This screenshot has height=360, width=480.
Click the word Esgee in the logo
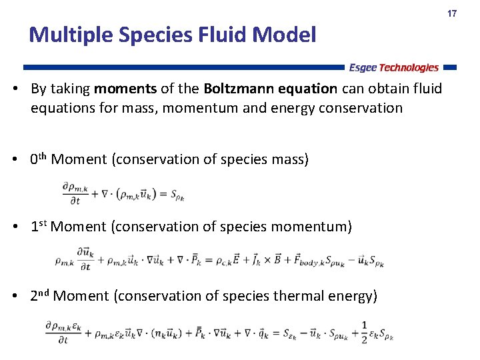[x=363, y=67]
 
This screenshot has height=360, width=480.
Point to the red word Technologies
[x=409, y=67]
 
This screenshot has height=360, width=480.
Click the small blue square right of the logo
[x=450, y=67]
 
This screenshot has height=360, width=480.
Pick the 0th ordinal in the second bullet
[x=38, y=159]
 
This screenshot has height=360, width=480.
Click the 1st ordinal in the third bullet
[x=38, y=226]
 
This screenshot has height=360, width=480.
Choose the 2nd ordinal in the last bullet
[x=39, y=295]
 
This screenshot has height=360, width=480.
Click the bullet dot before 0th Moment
[x=22, y=159]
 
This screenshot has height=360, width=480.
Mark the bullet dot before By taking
[x=22, y=89]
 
